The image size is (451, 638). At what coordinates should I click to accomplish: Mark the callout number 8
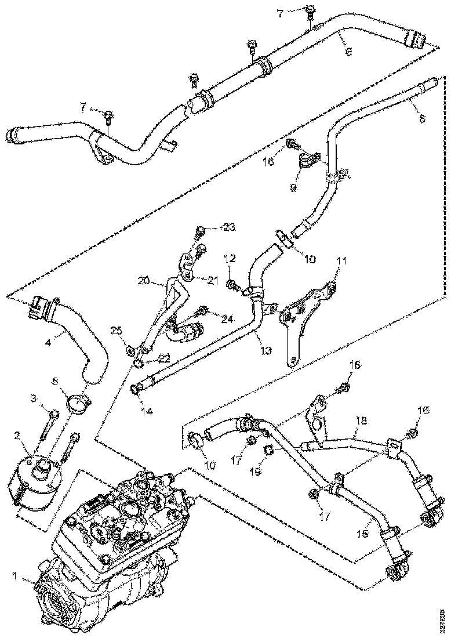[421, 118]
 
